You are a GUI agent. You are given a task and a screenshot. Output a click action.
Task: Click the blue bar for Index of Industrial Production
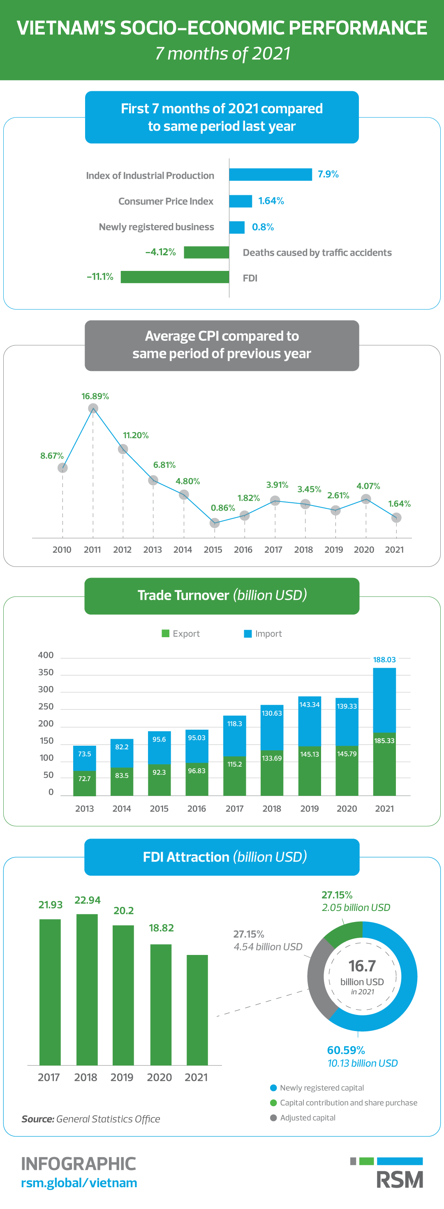[x=271, y=175]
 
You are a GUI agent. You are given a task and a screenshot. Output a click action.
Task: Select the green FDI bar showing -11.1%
[x=175, y=277]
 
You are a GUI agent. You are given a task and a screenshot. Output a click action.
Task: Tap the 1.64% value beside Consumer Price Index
[x=271, y=201]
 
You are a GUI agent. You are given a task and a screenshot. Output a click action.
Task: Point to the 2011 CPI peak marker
[x=93, y=408]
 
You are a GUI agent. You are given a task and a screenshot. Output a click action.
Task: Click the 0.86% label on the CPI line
[x=222, y=508]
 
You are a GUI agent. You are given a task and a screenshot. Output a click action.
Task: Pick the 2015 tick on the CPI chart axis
[x=213, y=550]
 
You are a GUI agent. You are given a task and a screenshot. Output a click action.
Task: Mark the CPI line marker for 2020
[x=366, y=499]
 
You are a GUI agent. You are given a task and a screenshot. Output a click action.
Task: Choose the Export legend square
[x=165, y=633]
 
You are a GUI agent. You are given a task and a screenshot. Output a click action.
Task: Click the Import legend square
[x=248, y=633]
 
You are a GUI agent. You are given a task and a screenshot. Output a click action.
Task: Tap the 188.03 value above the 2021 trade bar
[x=384, y=660]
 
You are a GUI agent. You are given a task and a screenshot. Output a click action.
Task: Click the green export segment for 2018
[x=272, y=773]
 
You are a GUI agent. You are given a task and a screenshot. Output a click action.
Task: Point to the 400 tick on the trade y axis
[x=46, y=655]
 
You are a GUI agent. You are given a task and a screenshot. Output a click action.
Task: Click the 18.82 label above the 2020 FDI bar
[x=161, y=928]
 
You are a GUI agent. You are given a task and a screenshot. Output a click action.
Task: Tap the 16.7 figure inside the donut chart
[x=362, y=966]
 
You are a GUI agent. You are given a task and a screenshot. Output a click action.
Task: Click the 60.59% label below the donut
[x=346, y=1050]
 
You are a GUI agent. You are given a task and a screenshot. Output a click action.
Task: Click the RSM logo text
[x=400, y=1180]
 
